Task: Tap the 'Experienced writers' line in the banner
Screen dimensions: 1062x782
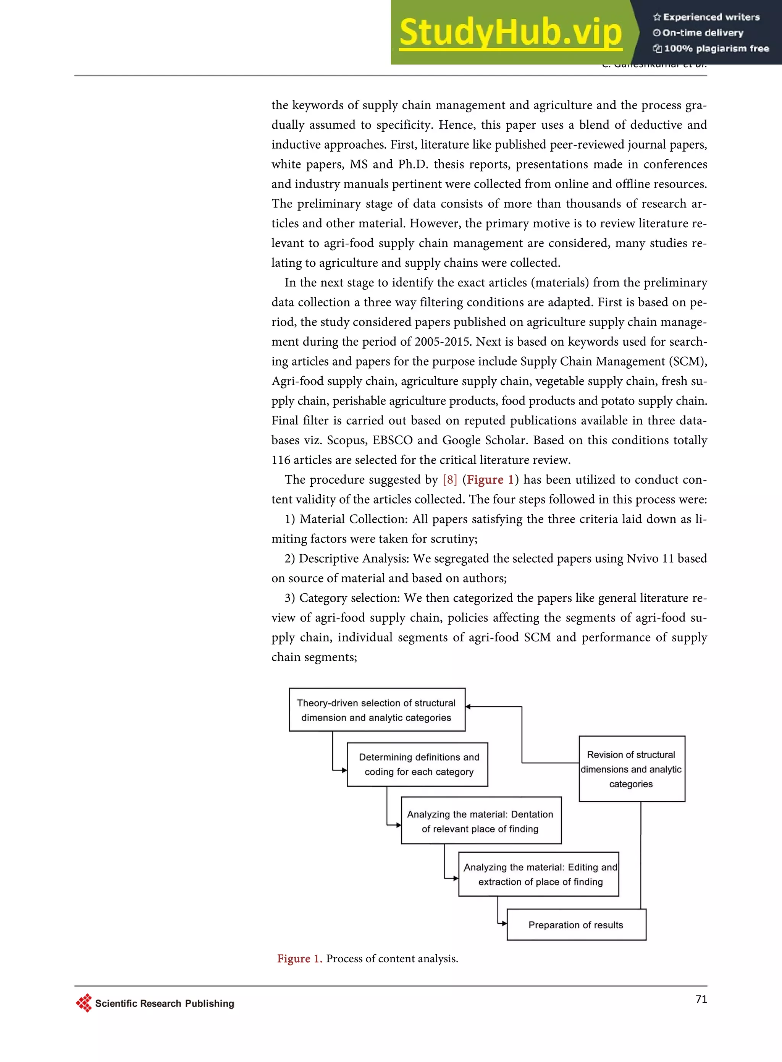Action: tap(706, 17)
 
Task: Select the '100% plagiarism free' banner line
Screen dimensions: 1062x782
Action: tap(711, 48)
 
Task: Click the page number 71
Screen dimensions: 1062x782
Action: tap(701, 999)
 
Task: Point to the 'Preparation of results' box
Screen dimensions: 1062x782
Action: tap(576, 925)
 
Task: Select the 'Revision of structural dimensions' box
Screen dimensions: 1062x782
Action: tap(632, 769)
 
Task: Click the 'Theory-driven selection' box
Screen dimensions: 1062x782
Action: tap(377, 710)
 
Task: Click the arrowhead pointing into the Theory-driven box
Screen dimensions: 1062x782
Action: tap(468, 707)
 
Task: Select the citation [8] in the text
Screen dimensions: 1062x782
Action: tap(450, 480)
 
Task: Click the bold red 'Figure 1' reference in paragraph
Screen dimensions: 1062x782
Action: tap(490, 480)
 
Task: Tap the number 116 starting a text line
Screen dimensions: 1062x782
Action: tap(280, 460)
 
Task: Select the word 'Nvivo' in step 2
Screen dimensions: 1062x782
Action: tap(642, 559)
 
